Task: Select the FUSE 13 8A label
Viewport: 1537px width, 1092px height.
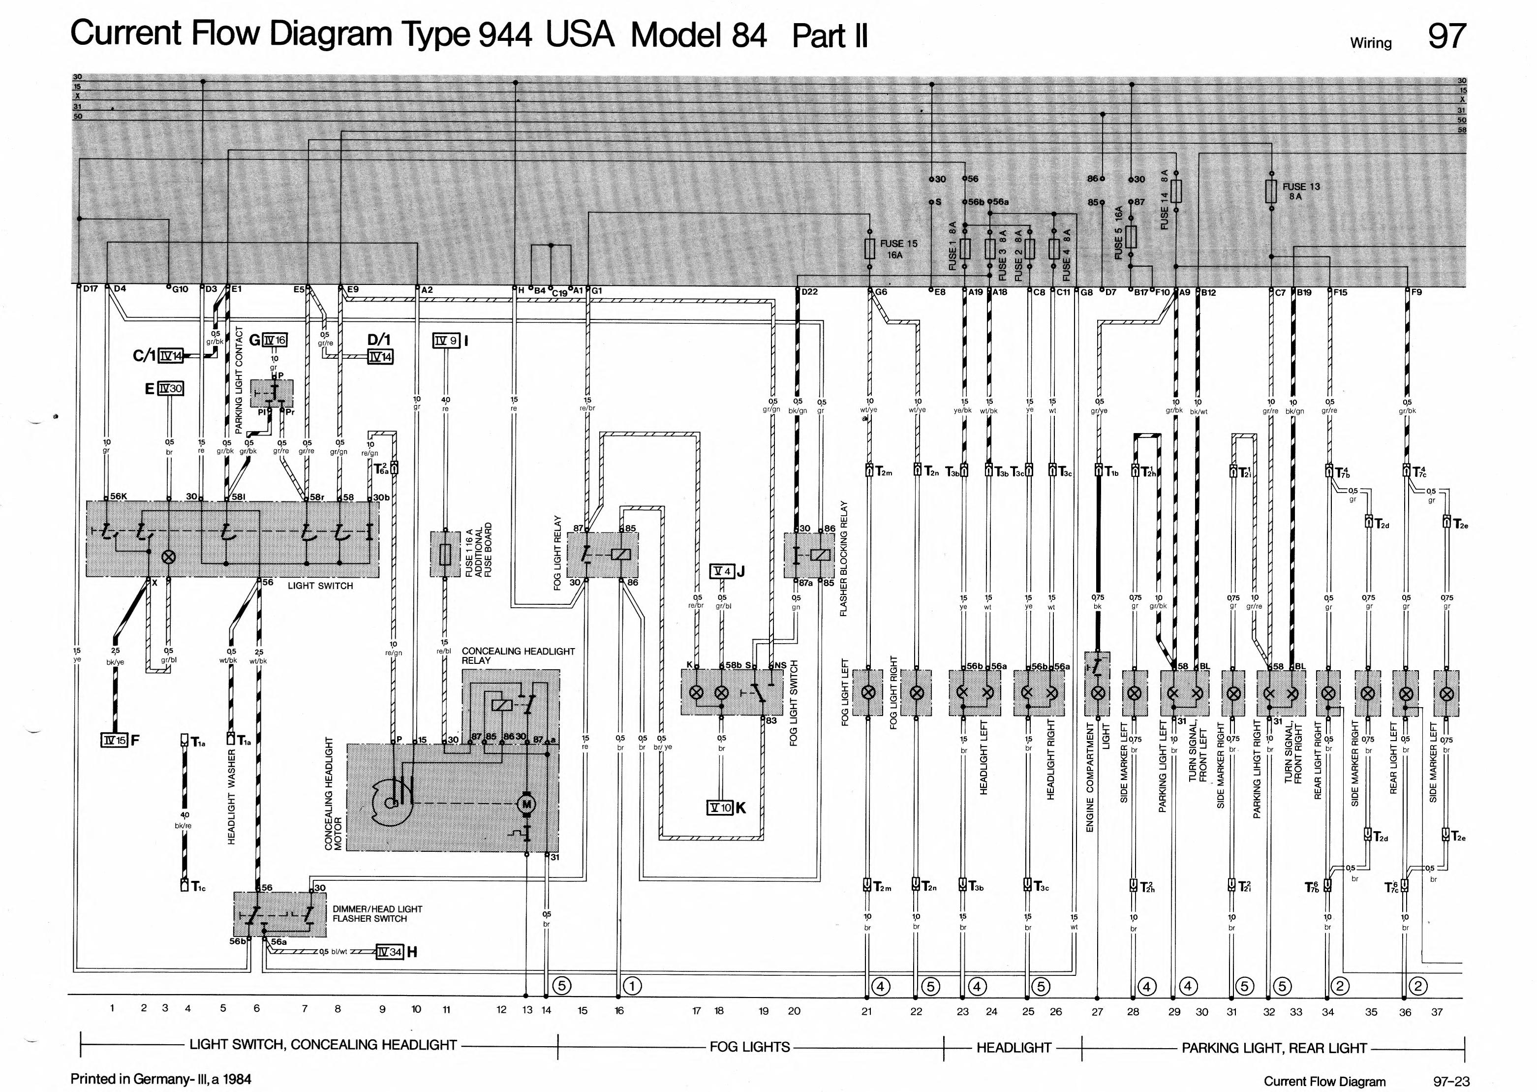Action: tap(1300, 191)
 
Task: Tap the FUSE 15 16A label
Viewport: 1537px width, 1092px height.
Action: tap(898, 249)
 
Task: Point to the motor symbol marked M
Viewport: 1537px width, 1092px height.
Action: tap(526, 804)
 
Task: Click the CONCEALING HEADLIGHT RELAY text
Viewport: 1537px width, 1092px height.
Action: tap(518, 655)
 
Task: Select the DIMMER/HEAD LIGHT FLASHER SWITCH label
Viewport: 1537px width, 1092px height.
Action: tap(377, 913)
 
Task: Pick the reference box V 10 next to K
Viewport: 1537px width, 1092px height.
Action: tap(719, 808)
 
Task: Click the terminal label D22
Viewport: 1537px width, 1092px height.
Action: tap(809, 292)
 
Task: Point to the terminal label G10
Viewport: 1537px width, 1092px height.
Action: tap(180, 289)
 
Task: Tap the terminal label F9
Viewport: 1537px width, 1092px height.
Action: tap(1416, 292)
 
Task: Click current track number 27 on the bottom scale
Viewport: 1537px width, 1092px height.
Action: tap(1097, 1011)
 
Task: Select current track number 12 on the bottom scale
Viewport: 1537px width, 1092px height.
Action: tap(501, 1009)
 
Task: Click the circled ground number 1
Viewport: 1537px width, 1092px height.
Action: tap(632, 986)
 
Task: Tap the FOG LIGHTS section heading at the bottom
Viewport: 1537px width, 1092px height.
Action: tap(749, 1047)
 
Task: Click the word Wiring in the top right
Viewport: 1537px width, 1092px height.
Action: tap(1370, 43)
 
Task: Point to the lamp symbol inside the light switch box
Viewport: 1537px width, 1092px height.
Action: tap(169, 557)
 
